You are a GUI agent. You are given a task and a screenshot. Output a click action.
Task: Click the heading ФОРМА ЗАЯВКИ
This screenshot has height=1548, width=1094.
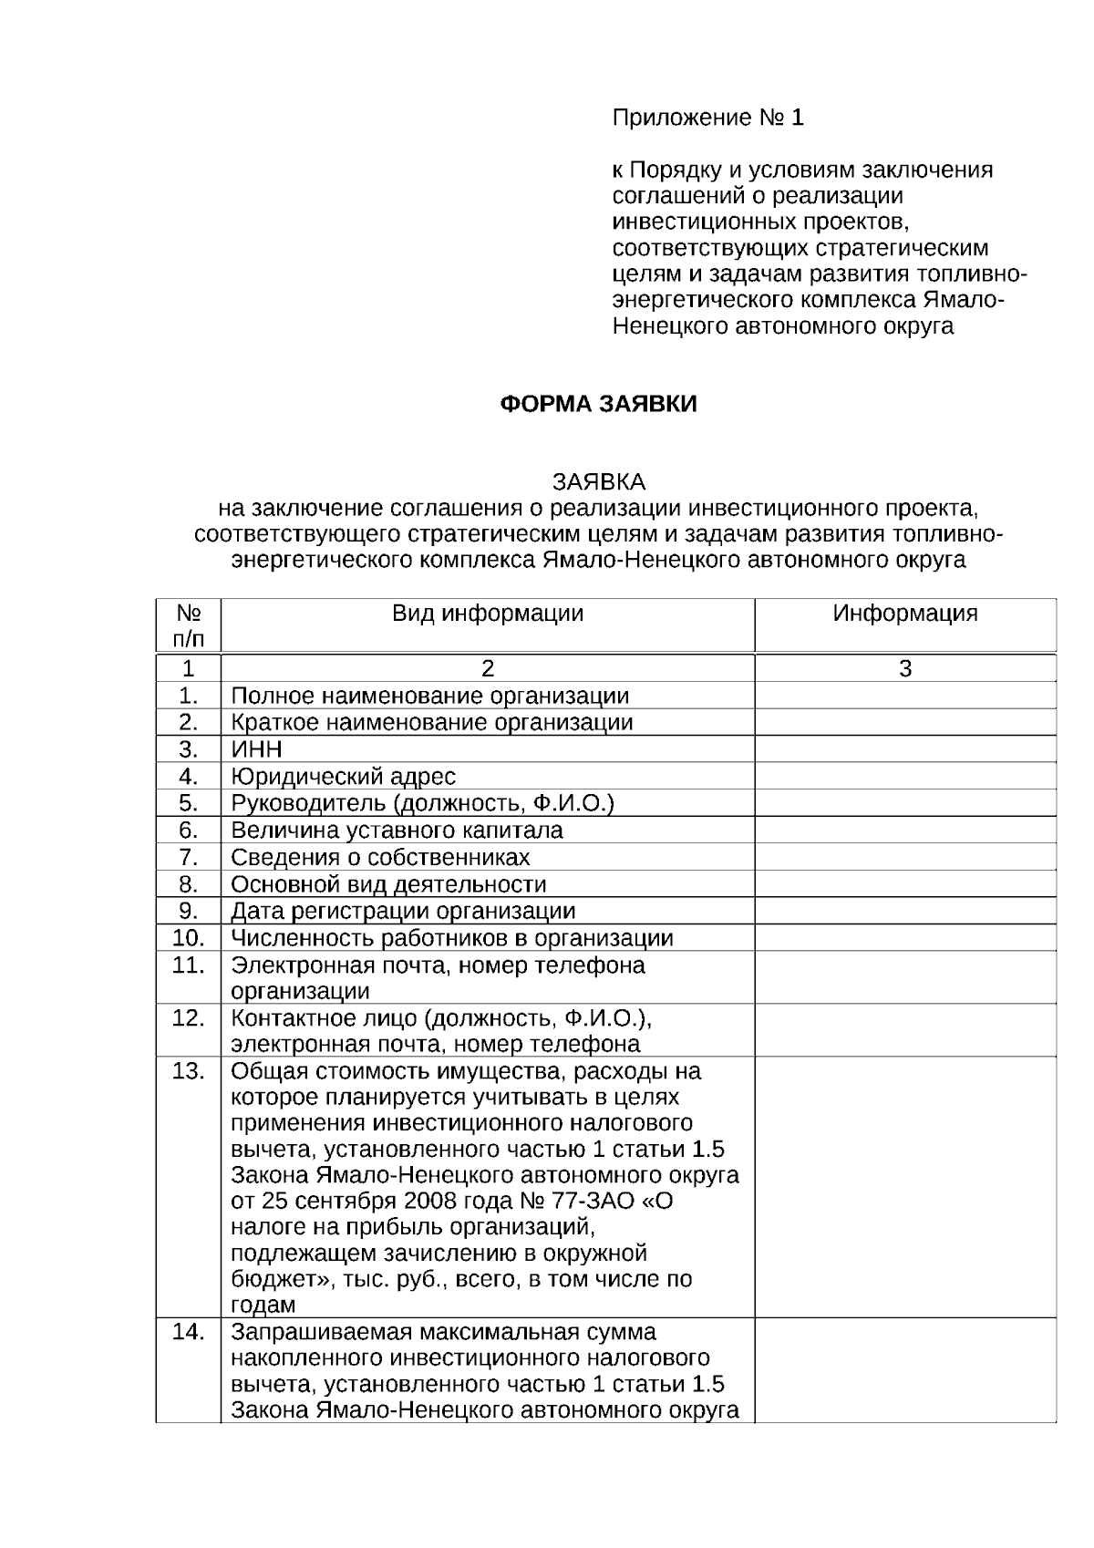click(x=598, y=404)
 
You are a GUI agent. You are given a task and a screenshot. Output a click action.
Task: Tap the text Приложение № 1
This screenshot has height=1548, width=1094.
click(x=707, y=118)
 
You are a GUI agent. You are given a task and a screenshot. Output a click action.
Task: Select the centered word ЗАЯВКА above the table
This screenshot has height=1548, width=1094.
click(x=598, y=481)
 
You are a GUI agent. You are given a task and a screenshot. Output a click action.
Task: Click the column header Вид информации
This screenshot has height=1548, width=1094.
click(x=488, y=613)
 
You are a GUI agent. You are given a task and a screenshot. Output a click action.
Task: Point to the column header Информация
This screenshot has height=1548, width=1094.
click(x=904, y=613)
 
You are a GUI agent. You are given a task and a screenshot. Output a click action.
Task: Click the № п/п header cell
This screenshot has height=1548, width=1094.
click(x=188, y=625)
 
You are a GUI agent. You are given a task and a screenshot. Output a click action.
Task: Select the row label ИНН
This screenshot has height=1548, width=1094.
click(x=257, y=749)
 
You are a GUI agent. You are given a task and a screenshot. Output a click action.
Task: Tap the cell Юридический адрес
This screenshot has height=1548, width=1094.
click(x=343, y=777)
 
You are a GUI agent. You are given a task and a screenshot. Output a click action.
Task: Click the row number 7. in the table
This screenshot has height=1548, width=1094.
click(x=188, y=857)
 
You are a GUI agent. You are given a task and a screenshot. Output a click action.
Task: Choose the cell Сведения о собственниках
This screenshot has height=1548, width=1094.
click(x=380, y=857)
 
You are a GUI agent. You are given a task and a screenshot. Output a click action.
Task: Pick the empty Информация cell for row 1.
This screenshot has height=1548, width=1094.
click(x=904, y=696)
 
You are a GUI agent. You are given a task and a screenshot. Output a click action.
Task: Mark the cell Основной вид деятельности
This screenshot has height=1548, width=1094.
click(x=388, y=884)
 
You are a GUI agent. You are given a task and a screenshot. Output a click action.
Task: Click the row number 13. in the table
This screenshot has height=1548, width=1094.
click(x=188, y=1070)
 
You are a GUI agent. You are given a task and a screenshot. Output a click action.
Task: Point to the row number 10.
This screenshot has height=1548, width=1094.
click(x=188, y=937)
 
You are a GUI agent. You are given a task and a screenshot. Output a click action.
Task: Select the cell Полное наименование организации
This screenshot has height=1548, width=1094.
click(x=429, y=696)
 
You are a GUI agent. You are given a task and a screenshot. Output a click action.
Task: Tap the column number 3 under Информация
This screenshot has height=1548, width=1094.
click(x=904, y=668)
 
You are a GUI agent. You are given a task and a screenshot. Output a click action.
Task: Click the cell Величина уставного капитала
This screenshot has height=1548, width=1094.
click(x=397, y=831)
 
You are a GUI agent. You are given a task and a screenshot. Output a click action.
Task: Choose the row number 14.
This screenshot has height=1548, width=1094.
click(x=188, y=1332)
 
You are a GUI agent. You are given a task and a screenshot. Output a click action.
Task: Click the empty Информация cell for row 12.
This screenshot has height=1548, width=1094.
click(x=904, y=1030)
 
